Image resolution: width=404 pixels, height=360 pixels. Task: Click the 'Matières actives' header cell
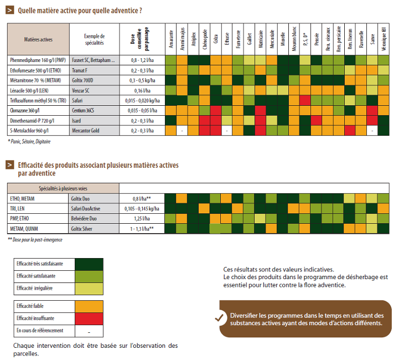pyautogui.click(x=38, y=39)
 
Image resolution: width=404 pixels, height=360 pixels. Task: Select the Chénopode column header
pyautogui.click(x=205, y=39)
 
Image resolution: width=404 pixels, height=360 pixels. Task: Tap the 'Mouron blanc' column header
pyautogui.click(x=294, y=39)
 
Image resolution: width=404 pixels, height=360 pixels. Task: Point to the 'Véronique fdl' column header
pyautogui.click(x=384, y=39)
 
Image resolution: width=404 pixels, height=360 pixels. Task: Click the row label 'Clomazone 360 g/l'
pyautogui.click(x=25, y=111)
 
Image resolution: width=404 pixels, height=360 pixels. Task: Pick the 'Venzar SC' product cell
pyautogui.click(x=81, y=90)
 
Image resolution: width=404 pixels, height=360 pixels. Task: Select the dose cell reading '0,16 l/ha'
pyautogui.click(x=142, y=90)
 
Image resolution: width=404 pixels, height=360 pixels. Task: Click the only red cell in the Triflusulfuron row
pyautogui.click(x=305, y=101)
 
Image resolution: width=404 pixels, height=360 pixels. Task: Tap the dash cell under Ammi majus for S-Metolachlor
pyautogui.click(x=182, y=131)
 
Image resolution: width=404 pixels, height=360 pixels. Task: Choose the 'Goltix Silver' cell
pyautogui.click(x=82, y=229)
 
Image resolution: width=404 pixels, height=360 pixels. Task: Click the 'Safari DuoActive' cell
pyautogui.click(x=86, y=209)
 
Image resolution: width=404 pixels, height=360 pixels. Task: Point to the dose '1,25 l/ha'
pyautogui.click(x=142, y=219)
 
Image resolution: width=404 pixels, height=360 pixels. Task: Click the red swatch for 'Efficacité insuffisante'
pyautogui.click(x=89, y=318)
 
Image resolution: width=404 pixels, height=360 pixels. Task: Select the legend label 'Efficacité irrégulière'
pyautogui.click(x=34, y=289)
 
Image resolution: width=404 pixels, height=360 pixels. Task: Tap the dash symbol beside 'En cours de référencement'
pyautogui.click(x=89, y=332)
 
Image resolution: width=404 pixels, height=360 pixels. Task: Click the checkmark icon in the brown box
pyautogui.click(x=219, y=318)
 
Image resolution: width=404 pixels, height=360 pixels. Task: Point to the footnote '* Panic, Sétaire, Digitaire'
pyautogui.click(x=29, y=142)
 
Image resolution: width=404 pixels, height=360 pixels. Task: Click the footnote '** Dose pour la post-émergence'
pyautogui.click(x=35, y=240)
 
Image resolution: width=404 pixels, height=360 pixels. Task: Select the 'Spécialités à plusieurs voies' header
pyautogui.click(x=63, y=188)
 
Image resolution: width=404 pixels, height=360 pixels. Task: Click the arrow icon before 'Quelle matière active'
pyautogui.click(x=10, y=11)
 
